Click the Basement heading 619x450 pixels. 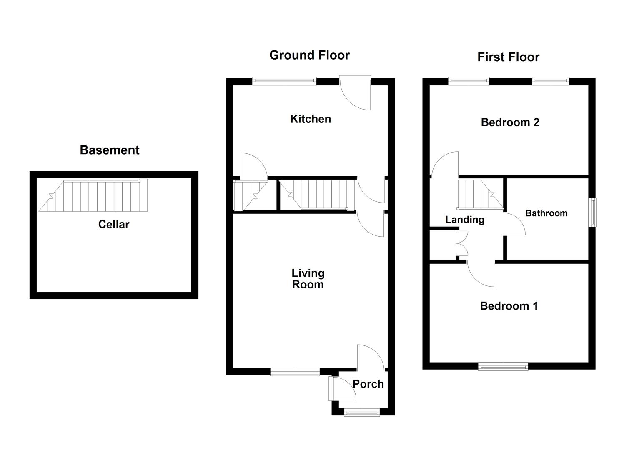click(x=110, y=150)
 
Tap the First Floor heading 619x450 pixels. click(x=509, y=57)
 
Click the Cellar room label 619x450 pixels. click(x=114, y=224)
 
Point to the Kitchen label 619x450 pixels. click(x=311, y=119)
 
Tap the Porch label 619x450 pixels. click(x=368, y=384)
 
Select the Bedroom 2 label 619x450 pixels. click(x=510, y=122)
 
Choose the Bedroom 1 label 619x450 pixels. click(x=509, y=306)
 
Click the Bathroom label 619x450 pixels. click(x=546, y=213)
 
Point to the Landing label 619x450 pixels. click(x=465, y=220)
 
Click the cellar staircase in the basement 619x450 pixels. click(x=93, y=195)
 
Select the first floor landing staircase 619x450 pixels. click(x=480, y=195)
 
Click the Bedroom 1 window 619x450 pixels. click(x=503, y=366)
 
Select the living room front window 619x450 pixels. click(x=295, y=372)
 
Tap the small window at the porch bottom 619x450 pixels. click(x=362, y=412)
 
